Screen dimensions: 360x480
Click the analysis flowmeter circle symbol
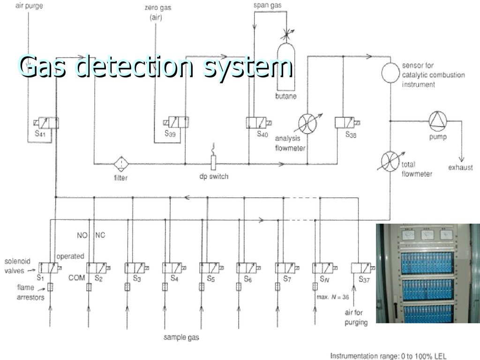[x=308, y=122]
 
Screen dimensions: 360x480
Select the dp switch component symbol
[x=214, y=162]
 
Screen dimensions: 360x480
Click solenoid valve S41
[x=46, y=123]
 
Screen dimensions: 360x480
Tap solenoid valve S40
[x=257, y=122]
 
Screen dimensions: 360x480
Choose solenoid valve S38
[x=346, y=123]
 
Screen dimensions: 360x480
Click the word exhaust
[x=460, y=167]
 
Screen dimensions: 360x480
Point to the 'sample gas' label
[x=181, y=337]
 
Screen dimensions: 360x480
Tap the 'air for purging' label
[x=356, y=318]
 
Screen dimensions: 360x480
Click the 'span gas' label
[x=268, y=6]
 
